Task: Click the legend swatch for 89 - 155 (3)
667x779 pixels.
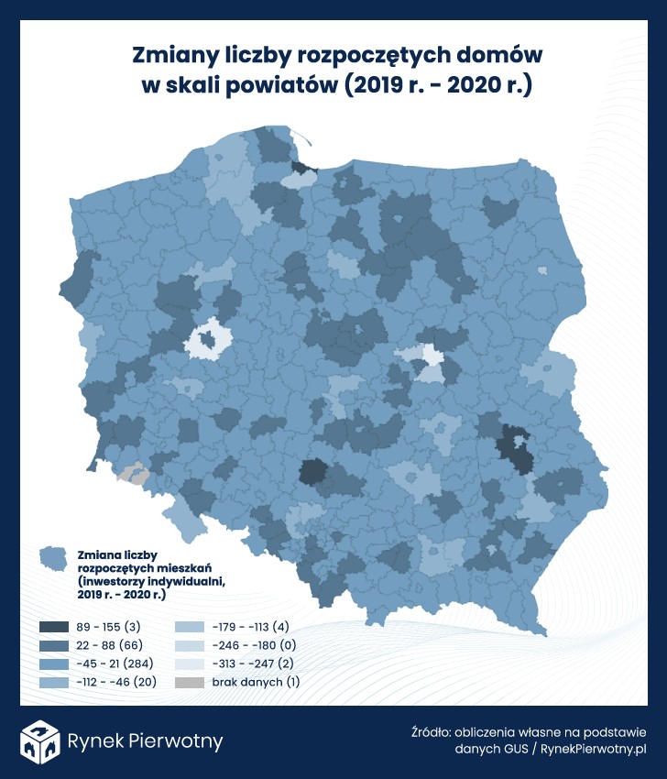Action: pos(53,627)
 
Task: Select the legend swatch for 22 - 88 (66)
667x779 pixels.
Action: pos(53,645)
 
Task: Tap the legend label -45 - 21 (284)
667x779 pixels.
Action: pos(115,664)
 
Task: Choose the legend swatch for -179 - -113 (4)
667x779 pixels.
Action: pos(187,627)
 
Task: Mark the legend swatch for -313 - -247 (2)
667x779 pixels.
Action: pos(187,664)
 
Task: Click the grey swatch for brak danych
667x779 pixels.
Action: pos(187,682)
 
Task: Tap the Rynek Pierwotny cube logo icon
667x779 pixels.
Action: pos(41,741)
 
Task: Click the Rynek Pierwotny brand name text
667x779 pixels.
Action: pos(146,741)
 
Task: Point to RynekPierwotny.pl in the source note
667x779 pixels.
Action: pos(595,749)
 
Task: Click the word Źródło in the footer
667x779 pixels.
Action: pos(432,732)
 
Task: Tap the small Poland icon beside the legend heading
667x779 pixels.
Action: pos(55,558)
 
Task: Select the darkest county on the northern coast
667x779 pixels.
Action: pos(301,168)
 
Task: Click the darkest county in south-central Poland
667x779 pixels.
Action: pos(312,472)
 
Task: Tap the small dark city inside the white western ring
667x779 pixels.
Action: pos(209,341)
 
